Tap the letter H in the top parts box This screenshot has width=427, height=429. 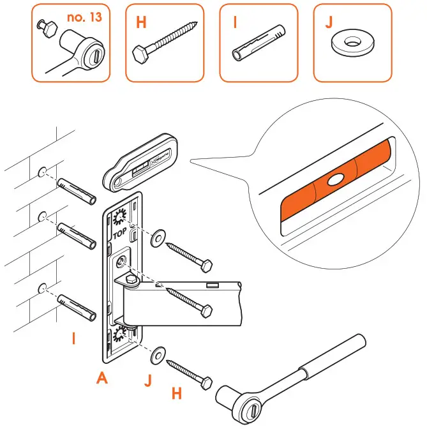[x=141, y=22]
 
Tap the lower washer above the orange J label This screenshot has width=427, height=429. [x=156, y=353]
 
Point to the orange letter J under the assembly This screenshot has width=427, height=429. [x=147, y=381]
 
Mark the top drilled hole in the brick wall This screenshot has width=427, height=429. [x=43, y=172]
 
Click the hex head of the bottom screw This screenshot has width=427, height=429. [x=206, y=383]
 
